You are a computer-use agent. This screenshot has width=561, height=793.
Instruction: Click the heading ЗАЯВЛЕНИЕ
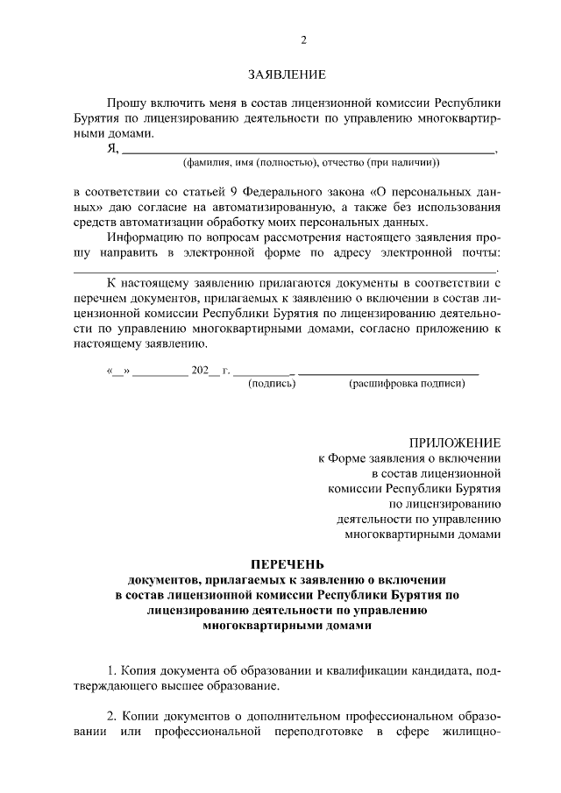287,76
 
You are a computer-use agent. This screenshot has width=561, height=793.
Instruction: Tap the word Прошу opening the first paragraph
125,103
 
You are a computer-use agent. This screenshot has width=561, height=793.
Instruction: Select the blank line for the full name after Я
308,150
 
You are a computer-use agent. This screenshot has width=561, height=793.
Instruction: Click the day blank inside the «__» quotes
117,371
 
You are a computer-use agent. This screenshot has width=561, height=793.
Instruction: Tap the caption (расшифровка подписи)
406,384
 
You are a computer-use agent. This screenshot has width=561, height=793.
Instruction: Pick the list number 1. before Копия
111,670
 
